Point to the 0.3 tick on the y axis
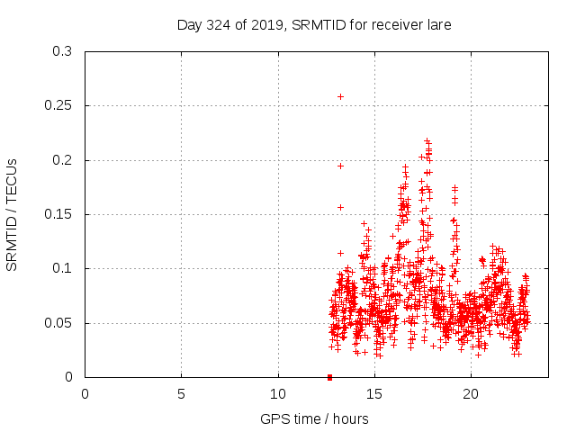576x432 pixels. [x=62, y=52]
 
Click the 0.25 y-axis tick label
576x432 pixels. [x=58, y=106]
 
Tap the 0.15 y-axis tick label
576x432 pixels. [x=58, y=215]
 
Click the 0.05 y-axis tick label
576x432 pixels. [x=58, y=323]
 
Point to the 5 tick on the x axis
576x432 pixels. [x=182, y=394]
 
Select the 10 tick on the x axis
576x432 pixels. [x=278, y=394]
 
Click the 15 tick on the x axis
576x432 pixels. [x=374, y=394]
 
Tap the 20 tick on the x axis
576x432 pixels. [x=471, y=394]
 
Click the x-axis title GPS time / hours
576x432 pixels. [x=314, y=418]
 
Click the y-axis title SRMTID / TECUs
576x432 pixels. [x=13, y=214]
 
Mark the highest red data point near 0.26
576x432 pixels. [x=340, y=96]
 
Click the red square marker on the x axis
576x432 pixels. [x=329, y=377]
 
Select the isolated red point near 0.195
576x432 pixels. [x=340, y=166]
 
